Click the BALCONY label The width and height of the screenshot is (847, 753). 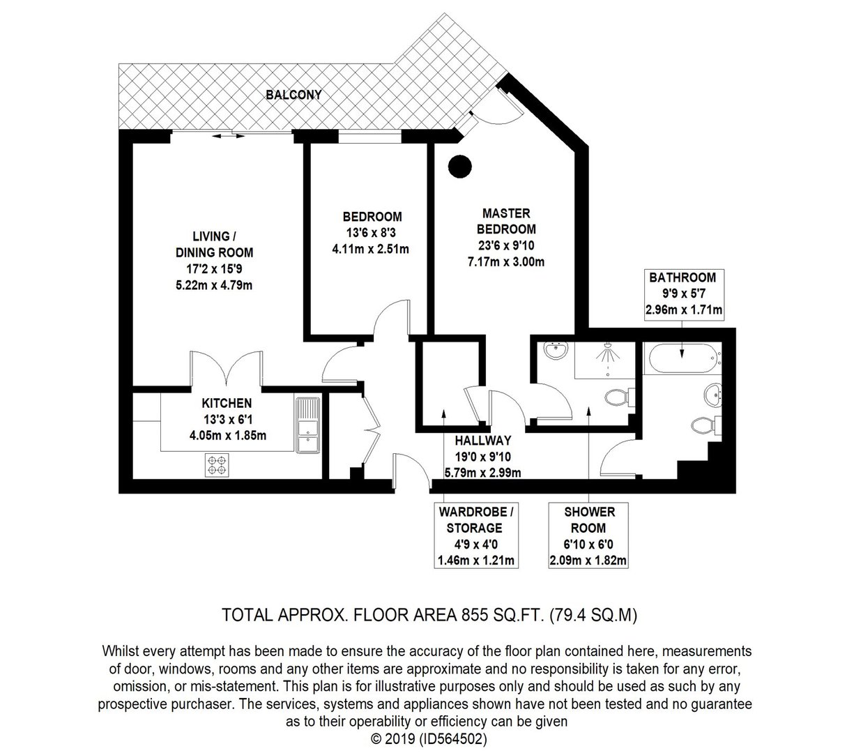tap(293, 95)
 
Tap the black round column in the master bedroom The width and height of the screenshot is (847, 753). tap(459, 167)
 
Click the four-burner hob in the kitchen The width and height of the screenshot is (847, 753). tap(217, 465)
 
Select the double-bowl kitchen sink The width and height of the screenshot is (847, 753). tap(307, 425)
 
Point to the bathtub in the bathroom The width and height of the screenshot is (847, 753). tap(682, 359)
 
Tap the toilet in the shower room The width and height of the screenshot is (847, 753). tap(620, 397)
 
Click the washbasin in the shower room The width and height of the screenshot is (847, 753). tap(556, 349)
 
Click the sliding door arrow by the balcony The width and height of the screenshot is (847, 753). tap(228, 136)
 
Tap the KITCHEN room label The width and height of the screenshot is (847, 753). tap(227, 403)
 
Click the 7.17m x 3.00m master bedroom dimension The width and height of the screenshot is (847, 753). tap(506, 261)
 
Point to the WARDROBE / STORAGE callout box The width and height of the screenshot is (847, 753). tap(476, 535)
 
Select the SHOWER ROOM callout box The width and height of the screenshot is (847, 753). tap(588, 535)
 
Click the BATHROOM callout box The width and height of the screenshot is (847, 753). tap(684, 295)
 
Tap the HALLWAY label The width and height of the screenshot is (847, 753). tap(483, 440)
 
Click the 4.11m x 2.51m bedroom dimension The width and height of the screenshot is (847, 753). tap(370, 249)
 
